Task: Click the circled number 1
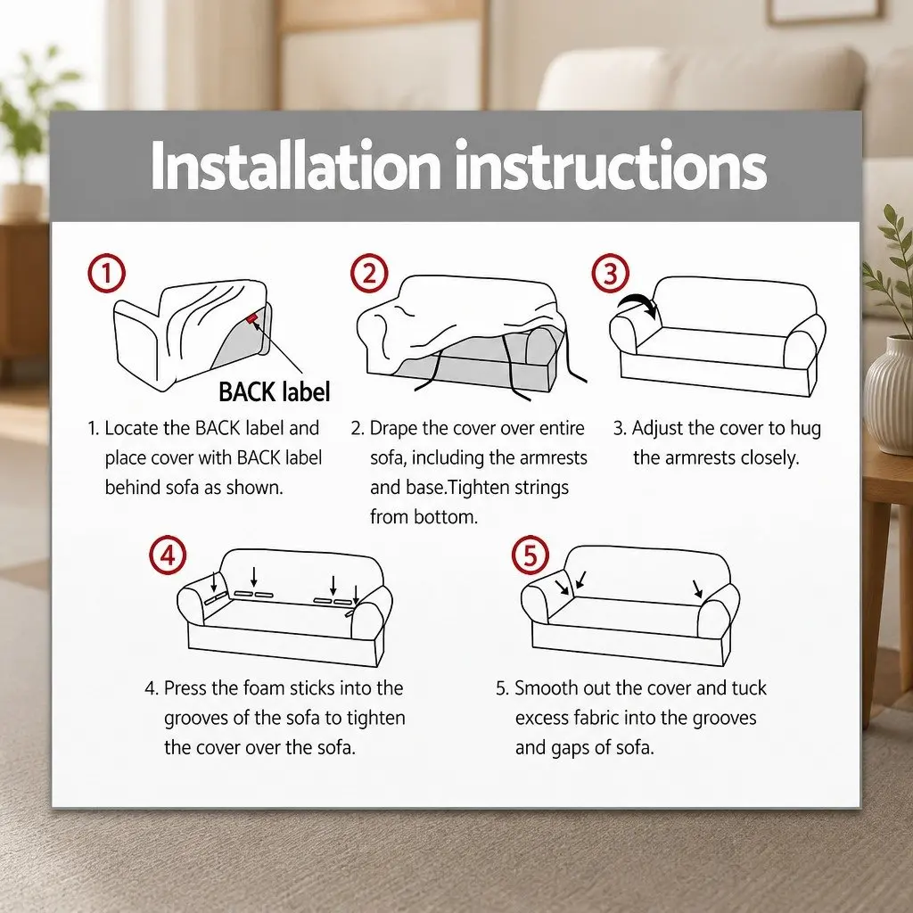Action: click(107, 273)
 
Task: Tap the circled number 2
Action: click(370, 273)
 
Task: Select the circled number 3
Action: click(610, 273)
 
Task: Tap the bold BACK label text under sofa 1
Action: click(275, 392)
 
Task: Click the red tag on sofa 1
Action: click(251, 318)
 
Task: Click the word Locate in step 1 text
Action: click(132, 428)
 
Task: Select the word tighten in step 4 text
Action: click(375, 719)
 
